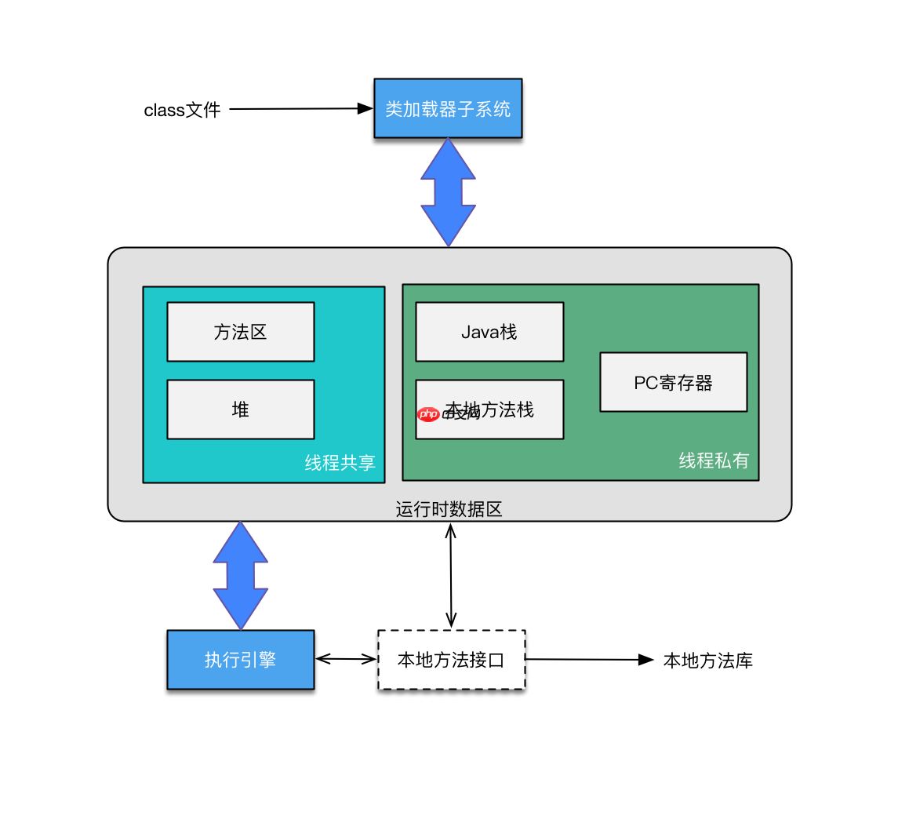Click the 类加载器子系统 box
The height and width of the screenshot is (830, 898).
click(x=448, y=108)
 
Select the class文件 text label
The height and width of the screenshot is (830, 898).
click(x=182, y=110)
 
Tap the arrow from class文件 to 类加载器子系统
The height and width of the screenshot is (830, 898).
click(x=298, y=109)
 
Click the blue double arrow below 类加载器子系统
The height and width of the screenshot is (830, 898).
click(x=448, y=192)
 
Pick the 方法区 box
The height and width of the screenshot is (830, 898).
click(x=241, y=332)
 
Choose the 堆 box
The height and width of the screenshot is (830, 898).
click(x=241, y=410)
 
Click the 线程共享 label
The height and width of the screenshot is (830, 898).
click(x=340, y=463)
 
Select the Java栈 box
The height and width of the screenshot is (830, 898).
click(x=489, y=332)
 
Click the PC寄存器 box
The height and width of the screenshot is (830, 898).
click(x=673, y=382)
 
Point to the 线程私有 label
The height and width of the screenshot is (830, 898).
click(x=714, y=461)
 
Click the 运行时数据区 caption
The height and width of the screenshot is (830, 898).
click(x=449, y=510)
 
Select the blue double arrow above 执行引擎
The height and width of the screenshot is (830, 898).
click(x=241, y=575)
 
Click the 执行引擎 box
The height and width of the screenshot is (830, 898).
click(x=241, y=660)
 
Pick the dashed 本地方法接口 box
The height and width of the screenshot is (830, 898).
click(x=451, y=660)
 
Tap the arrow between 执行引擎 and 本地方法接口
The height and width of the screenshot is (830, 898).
click(x=346, y=660)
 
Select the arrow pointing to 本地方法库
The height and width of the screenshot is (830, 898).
click(x=588, y=660)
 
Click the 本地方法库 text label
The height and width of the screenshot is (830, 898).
click(x=707, y=661)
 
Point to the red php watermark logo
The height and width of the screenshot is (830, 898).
click(x=428, y=414)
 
